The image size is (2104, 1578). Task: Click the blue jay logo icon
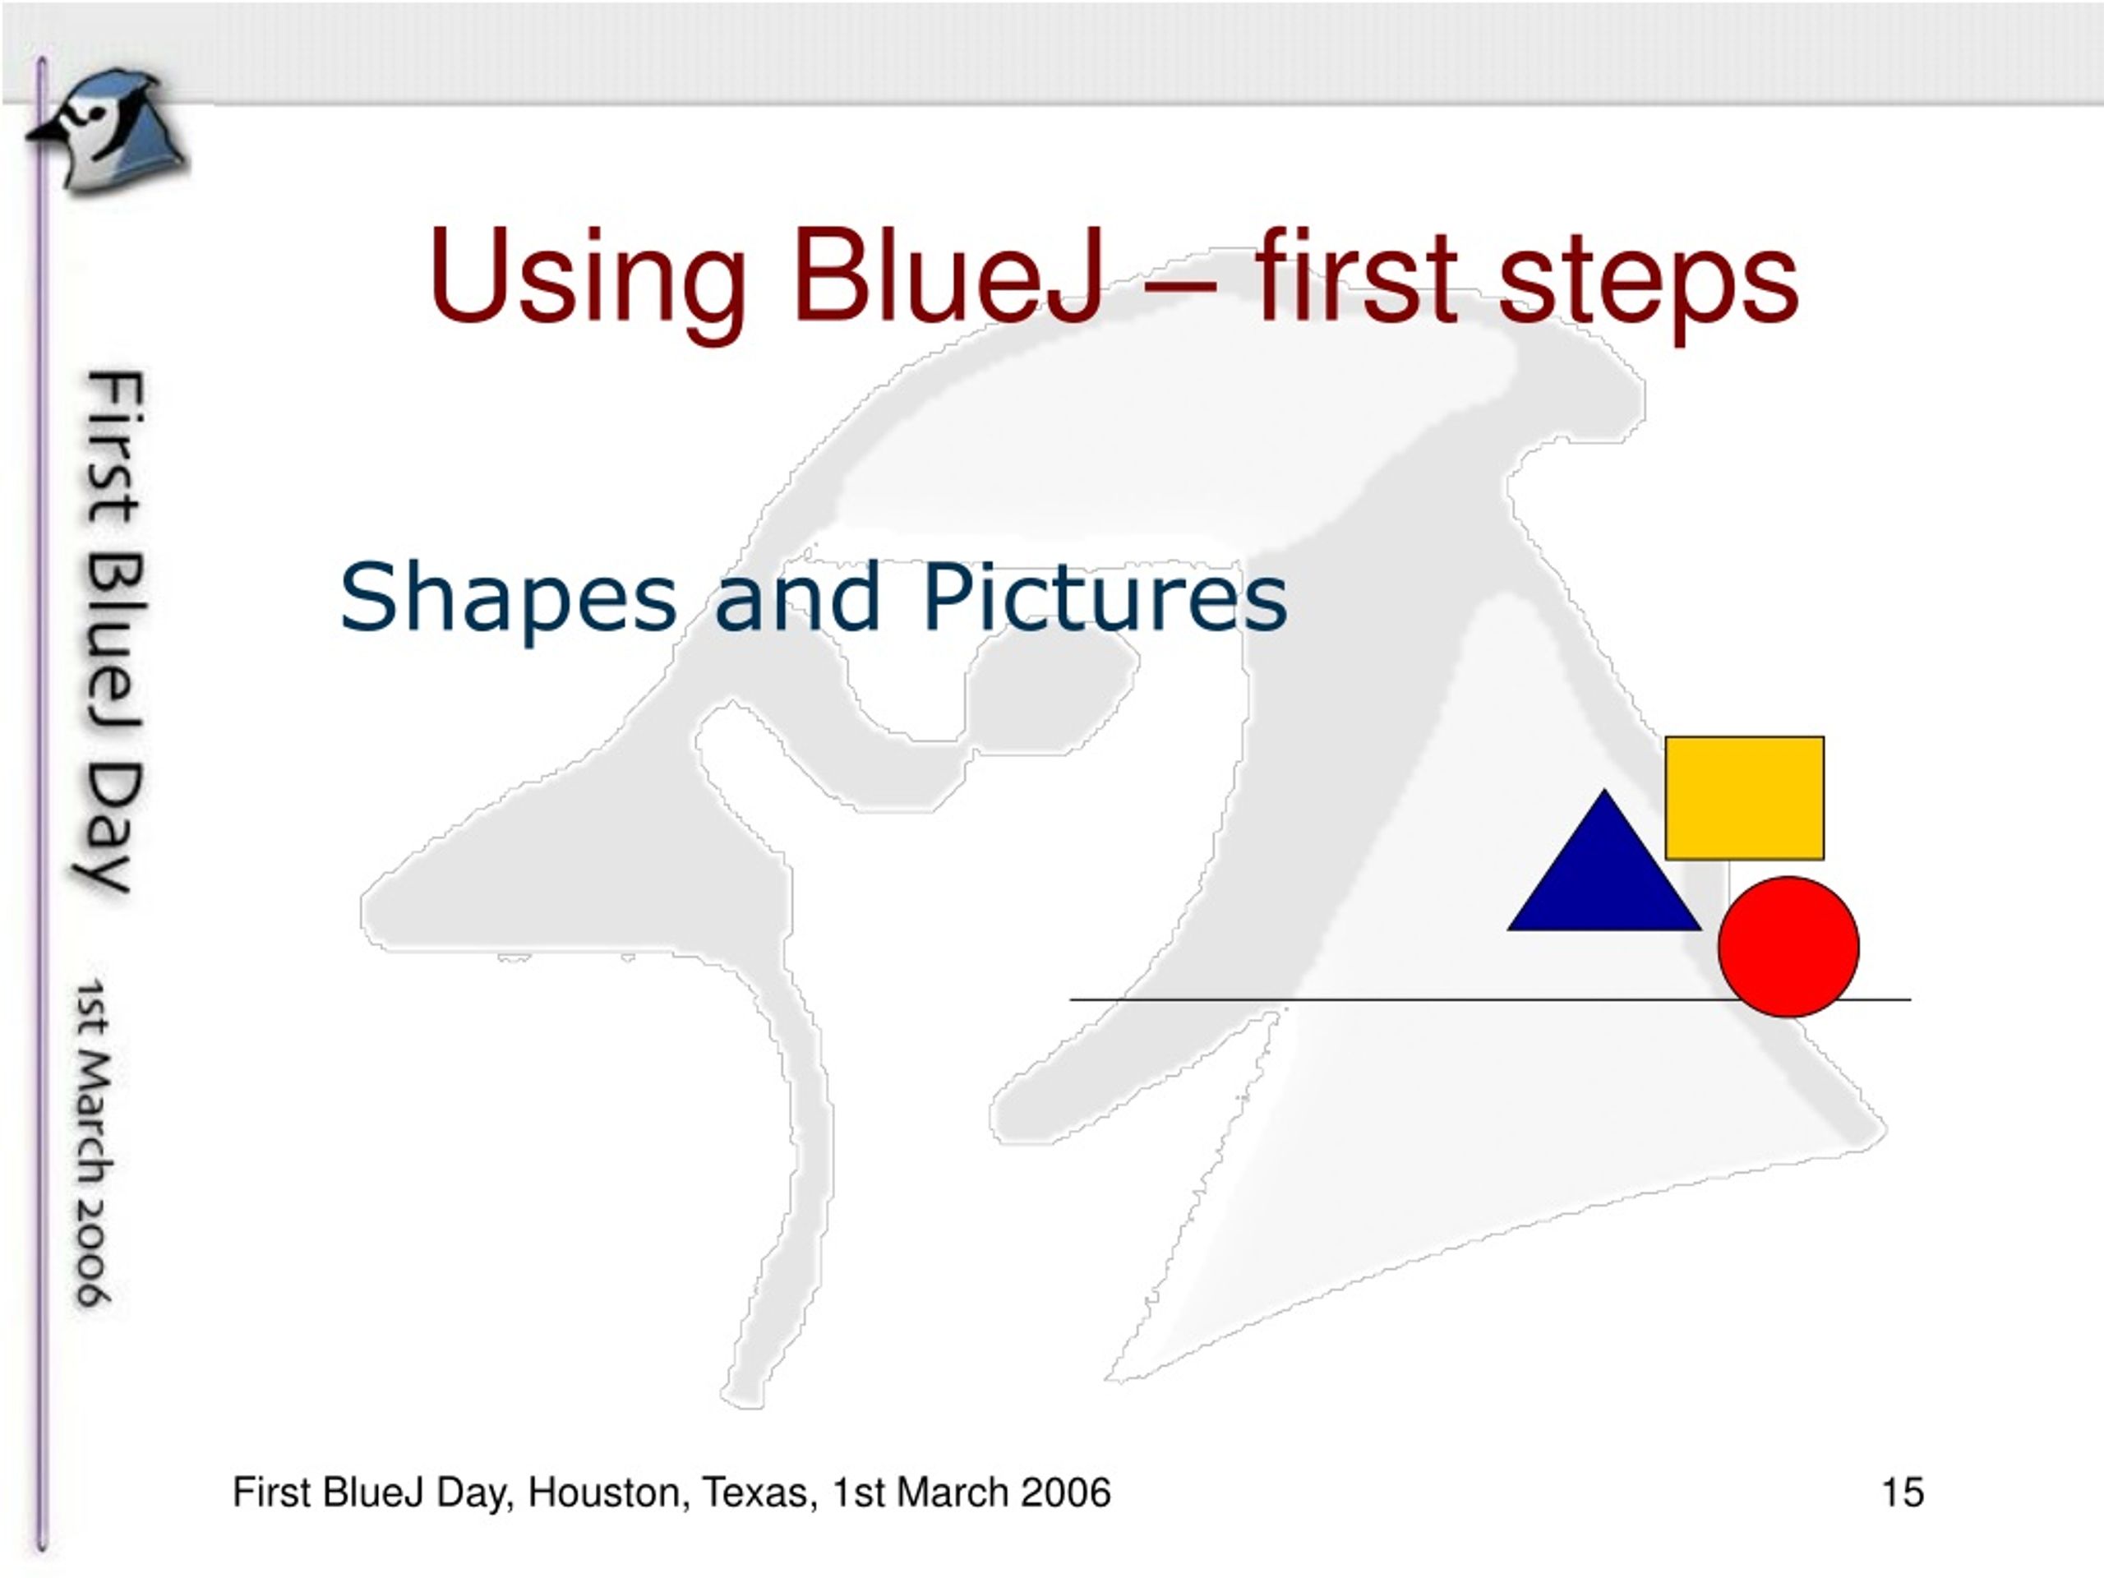pyautogui.click(x=107, y=131)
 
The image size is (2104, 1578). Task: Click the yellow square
pyautogui.click(x=1745, y=797)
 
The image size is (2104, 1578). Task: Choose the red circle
pyautogui.click(x=1788, y=947)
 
